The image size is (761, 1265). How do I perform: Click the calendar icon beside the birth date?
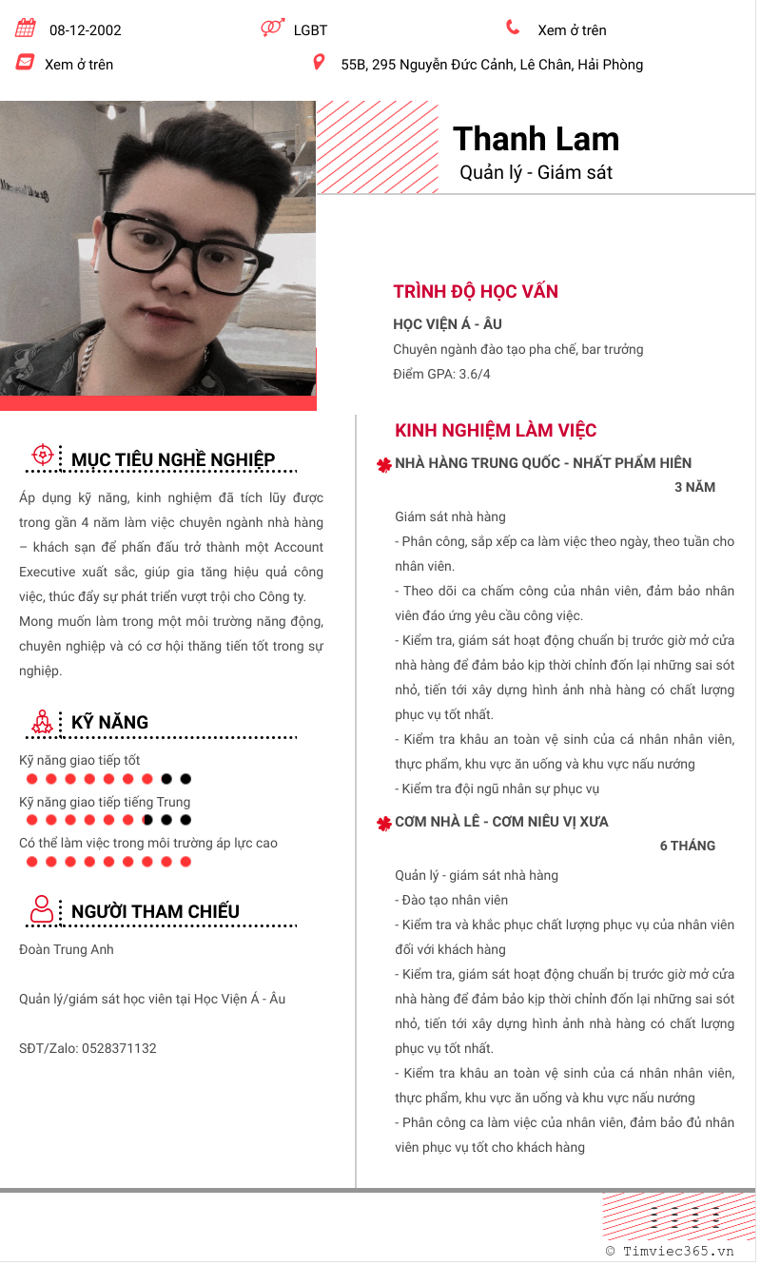coord(26,29)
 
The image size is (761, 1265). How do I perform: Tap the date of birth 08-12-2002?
coord(86,30)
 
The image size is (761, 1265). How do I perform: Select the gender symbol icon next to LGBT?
coord(272,29)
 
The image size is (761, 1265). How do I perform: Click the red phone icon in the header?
coord(514,28)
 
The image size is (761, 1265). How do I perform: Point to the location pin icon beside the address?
coord(319,63)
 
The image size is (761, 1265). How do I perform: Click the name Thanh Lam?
coord(536,139)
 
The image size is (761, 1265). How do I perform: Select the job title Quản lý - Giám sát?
coord(536,172)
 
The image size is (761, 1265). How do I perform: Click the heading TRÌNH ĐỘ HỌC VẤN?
coord(476,292)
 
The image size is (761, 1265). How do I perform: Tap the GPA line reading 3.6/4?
coord(441,374)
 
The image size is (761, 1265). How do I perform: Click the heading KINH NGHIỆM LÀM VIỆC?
coord(496,431)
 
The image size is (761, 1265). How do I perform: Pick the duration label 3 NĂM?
coord(694,488)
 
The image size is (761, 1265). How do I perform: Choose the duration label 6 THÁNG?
coord(687,846)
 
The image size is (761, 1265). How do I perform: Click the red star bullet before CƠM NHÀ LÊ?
coord(384,824)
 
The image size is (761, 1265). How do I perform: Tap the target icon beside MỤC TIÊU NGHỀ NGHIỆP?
coord(42,455)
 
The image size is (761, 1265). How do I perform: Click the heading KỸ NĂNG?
coord(109,723)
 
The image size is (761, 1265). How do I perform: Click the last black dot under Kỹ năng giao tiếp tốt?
coord(185,779)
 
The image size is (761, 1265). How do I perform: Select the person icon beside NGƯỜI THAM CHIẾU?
coord(42,909)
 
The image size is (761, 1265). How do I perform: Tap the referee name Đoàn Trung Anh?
coord(67,949)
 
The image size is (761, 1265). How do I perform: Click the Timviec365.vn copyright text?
coord(670,1252)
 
